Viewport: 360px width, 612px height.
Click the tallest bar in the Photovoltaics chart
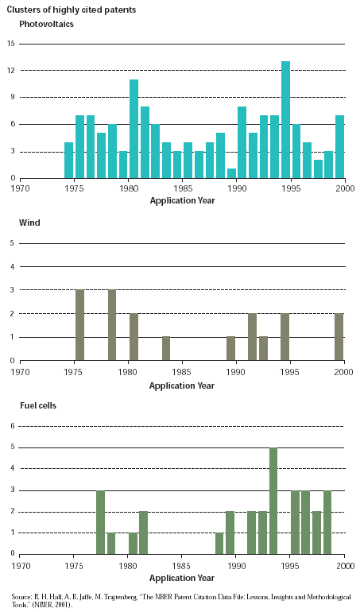coord(285,119)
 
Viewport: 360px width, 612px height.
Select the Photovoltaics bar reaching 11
coord(134,129)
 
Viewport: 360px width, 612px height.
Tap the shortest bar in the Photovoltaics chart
coord(231,173)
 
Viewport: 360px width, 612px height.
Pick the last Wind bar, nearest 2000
coord(339,337)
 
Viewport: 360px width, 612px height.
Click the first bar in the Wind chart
coord(79,325)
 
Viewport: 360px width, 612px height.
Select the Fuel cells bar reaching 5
coord(273,501)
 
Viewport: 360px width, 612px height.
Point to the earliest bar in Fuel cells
coord(100,522)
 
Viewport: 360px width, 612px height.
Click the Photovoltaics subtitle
coord(46,24)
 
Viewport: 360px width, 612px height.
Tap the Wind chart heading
coord(29,223)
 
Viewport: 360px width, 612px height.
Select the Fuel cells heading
coord(38,405)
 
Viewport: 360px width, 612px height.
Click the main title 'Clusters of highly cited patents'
coord(72,10)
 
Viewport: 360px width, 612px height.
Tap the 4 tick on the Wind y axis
coord(12,267)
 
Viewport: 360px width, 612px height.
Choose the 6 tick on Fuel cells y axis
coord(13,426)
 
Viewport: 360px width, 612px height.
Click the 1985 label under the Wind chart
coord(182,372)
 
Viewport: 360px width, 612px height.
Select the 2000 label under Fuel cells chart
coord(346,566)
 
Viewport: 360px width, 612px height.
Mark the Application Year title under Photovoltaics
coord(182,200)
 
